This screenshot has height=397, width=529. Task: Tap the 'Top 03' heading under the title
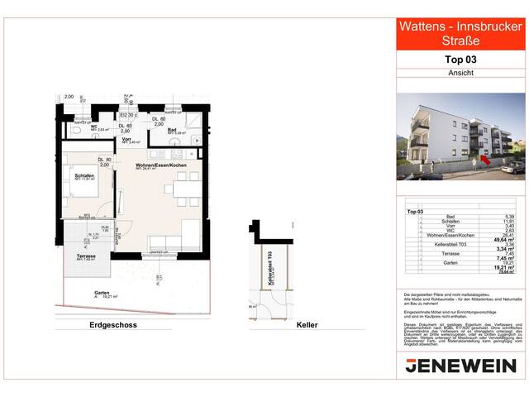point(460,60)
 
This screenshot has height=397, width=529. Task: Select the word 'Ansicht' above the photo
point(460,73)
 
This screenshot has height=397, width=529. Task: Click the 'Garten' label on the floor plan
point(102,293)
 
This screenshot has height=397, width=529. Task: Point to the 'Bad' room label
point(170,130)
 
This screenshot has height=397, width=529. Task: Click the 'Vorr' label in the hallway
point(126,140)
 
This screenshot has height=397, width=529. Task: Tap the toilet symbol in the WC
point(76,130)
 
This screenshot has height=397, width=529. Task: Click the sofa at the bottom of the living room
point(173,242)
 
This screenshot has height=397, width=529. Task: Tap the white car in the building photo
point(512,166)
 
